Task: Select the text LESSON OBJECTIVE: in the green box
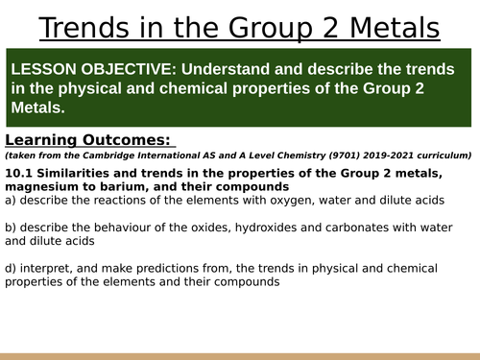pos(87,72)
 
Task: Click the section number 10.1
pos(18,173)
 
